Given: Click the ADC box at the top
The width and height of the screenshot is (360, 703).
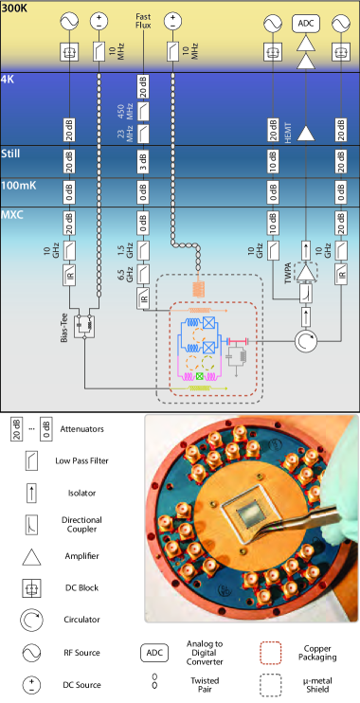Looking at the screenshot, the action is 306,24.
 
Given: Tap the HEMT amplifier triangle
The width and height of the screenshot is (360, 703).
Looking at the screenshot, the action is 306,134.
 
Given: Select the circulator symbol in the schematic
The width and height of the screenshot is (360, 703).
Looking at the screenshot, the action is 306,341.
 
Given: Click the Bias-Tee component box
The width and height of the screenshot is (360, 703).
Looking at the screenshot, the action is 84,323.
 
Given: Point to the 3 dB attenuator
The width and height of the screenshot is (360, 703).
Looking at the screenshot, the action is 143,161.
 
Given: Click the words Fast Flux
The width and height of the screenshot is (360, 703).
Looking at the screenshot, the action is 143,22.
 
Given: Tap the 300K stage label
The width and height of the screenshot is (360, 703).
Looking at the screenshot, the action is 15,9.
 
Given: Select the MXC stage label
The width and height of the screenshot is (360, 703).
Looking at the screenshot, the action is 12,215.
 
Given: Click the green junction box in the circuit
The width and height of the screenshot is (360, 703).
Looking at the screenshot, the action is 200,377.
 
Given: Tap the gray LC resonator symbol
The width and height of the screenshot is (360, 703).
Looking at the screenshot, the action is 237,356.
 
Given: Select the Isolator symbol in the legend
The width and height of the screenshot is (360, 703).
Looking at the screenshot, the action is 31,493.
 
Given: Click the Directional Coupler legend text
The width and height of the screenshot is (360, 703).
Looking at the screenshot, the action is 81,525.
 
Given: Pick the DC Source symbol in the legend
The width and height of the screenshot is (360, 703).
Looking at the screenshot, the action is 31,685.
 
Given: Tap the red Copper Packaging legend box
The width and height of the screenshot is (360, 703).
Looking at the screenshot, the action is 271,653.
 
